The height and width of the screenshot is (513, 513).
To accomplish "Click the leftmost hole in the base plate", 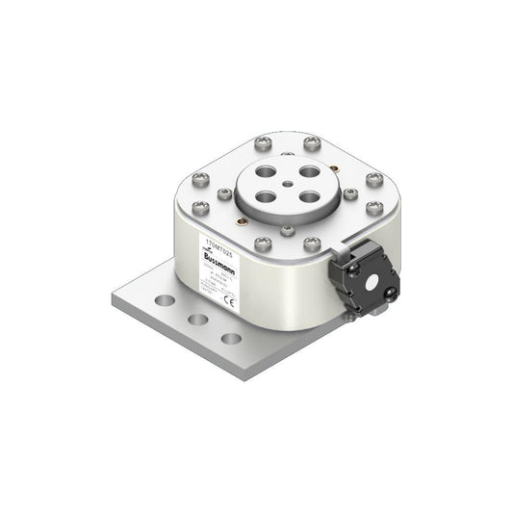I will (x=166, y=300).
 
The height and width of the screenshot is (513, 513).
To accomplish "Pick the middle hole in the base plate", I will (x=198, y=319).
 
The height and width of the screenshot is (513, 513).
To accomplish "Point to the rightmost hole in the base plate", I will (x=231, y=338).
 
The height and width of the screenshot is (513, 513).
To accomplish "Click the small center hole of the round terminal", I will (x=287, y=187).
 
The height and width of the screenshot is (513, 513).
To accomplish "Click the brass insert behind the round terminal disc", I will (x=287, y=153).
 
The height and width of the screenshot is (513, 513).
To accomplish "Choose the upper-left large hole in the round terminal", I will (x=265, y=174).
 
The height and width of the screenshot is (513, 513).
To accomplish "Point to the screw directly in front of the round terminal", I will (x=287, y=231).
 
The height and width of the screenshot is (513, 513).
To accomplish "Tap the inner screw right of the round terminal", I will (x=349, y=194).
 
